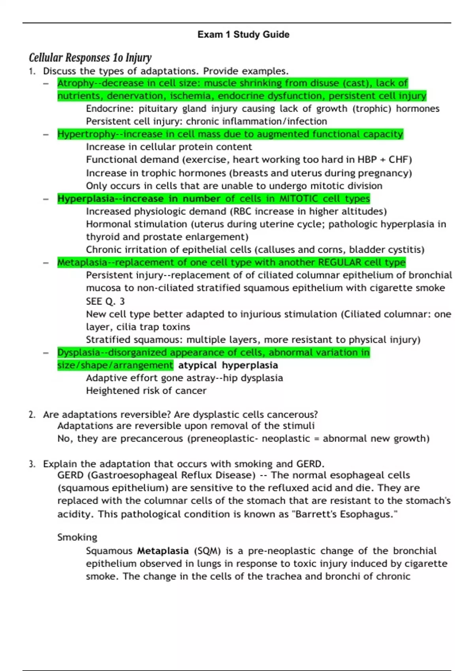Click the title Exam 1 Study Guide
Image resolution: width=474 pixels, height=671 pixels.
click(243, 35)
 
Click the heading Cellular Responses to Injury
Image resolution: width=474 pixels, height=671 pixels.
click(90, 58)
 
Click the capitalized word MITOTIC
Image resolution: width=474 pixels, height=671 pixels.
click(299, 199)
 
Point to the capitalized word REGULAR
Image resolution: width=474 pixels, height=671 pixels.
click(340, 262)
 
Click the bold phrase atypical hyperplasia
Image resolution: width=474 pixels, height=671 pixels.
click(228, 365)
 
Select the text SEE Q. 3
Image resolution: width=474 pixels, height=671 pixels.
click(105, 302)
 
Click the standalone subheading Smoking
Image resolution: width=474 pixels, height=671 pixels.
click(77, 537)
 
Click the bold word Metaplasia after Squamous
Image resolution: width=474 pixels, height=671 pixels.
click(163, 551)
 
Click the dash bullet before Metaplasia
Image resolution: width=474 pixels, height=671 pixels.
click(46, 262)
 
